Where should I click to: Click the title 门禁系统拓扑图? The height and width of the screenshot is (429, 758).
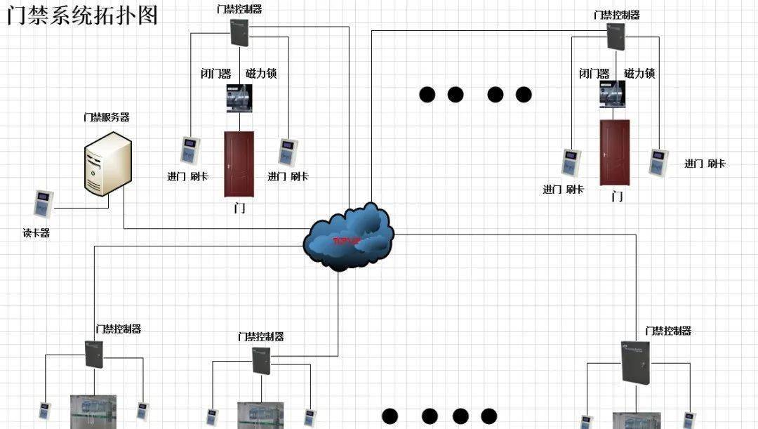pos(83,15)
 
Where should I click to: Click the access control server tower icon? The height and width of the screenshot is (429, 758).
pos(107,166)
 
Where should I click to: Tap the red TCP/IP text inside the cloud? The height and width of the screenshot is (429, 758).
pos(346,242)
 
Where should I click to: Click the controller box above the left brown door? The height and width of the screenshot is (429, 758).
pos(240,32)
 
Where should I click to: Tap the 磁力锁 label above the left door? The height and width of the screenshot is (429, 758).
pos(261,73)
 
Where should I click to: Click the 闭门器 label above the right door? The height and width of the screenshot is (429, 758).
pos(594,73)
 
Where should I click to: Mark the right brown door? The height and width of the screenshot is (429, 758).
pos(615,152)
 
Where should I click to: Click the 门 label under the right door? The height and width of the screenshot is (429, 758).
pos(617,197)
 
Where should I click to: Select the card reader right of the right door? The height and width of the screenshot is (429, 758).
pos(659,163)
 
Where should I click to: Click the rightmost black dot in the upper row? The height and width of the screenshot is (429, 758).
pos(524,94)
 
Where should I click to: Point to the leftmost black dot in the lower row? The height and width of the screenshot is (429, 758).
pos(390,416)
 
